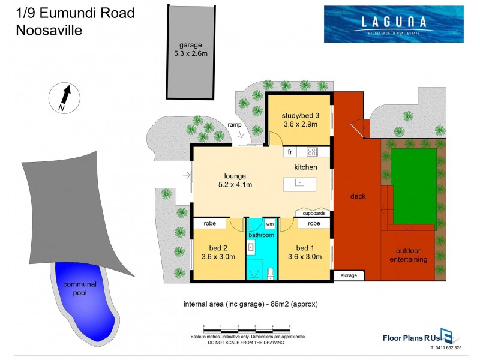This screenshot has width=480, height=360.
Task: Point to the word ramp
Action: point(235,124)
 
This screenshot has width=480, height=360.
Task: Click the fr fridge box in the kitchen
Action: point(289,152)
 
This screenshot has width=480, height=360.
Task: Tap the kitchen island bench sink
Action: point(298,182)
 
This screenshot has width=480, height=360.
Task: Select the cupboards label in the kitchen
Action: point(314,212)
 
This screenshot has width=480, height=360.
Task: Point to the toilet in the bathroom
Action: point(269,274)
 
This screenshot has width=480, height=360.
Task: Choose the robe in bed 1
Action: point(313,223)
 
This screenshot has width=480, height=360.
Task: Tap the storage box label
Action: point(349,275)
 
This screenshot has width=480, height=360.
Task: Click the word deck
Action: point(358,196)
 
